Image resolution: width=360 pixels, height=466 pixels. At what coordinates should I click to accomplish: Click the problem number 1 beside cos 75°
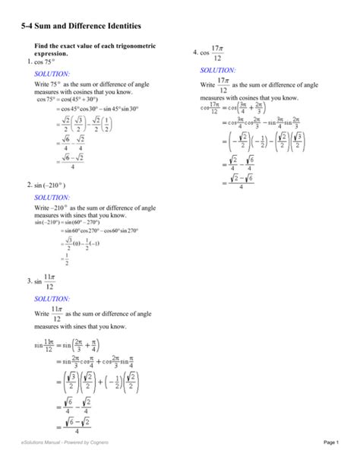[x=28, y=61]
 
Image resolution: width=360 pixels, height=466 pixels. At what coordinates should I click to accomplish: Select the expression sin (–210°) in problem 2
[x=49, y=185]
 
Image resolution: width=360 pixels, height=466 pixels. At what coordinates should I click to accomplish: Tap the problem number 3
[x=28, y=281]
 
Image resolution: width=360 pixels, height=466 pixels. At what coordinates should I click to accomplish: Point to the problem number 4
[x=195, y=52]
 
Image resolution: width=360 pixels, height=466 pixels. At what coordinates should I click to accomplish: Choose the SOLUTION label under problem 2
[x=52, y=197]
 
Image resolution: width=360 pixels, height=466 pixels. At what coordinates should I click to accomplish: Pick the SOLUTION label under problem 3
[x=52, y=300]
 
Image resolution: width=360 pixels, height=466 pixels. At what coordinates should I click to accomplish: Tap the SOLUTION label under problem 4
[x=217, y=69]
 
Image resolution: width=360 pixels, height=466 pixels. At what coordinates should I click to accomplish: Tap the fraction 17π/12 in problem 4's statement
[x=217, y=52]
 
